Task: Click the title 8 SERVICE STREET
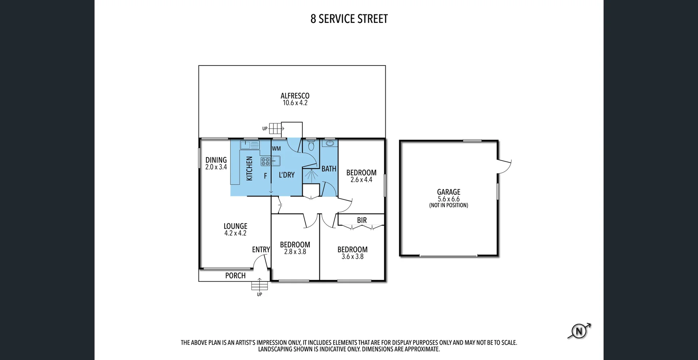pos(349,19)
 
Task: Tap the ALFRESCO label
pos(295,96)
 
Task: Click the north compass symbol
pos(579,331)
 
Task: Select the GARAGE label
pos(449,192)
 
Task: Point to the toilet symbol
pos(311,146)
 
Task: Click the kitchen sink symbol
pos(250,145)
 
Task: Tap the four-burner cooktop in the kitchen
pos(265,161)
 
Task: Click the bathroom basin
pos(330,143)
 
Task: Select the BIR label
pos(362,220)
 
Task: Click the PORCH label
pos(235,276)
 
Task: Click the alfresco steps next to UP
pos(276,128)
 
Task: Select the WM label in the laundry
pos(276,149)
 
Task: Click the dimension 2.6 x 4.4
pos(361,180)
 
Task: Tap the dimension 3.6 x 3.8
pos(352,257)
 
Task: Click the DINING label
pos(216,160)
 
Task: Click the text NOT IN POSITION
pos(449,205)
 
